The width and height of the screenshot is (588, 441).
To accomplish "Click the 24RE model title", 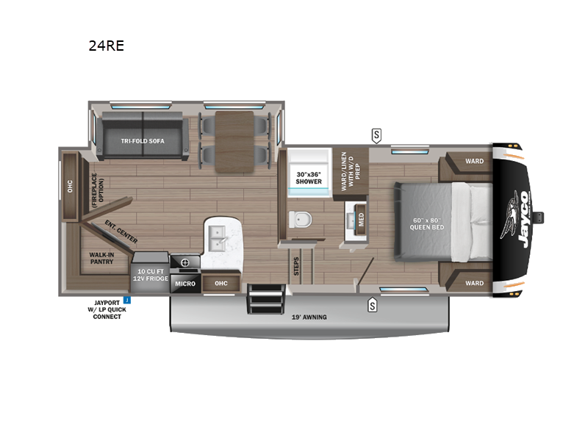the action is pos(106,46).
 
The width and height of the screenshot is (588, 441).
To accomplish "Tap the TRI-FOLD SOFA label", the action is pos(143,141).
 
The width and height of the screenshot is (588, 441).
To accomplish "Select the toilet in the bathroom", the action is pos(300,219).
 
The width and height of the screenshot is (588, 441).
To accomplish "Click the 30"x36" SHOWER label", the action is pos(309,178).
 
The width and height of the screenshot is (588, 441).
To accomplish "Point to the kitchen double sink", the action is pos(217,238).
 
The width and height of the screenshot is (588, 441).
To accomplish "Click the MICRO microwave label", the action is pos(185,284).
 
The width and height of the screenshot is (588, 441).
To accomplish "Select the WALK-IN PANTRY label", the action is pos(101,258).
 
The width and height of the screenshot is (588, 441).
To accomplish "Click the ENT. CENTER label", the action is pos(121,232).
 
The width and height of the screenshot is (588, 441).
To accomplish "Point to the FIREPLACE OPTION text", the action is pos(98,190).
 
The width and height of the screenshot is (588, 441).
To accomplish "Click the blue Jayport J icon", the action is pos(127,300).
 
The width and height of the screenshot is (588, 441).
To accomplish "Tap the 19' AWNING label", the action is pos(309,318).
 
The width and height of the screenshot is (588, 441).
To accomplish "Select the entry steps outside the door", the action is pos(265,299).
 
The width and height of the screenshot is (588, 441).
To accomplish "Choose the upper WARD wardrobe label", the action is pos(474,161).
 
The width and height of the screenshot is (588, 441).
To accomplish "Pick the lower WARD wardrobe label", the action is pos(474,283).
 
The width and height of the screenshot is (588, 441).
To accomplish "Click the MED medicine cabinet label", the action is pos(361,219).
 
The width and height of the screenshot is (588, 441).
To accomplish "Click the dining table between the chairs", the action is pos(234,142).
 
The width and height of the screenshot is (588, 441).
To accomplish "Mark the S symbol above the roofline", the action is pos(376,135).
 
